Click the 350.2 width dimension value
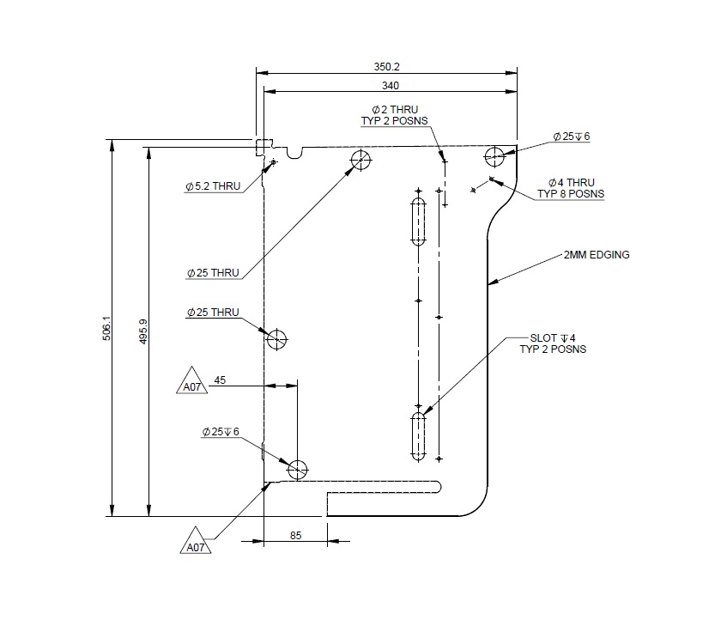click(x=386, y=66)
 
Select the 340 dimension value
click(x=390, y=85)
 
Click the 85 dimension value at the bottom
click(x=295, y=536)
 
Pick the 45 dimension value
click(x=220, y=380)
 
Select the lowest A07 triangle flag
click(x=194, y=543)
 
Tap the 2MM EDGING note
click(x=597, y=255)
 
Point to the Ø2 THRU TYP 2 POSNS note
click(x=395, y=116)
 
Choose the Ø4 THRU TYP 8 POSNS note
click(x=571, y=188)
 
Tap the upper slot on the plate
click(x=418, y=222)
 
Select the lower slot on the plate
click(x=418, y=435)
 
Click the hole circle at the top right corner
click(x=494, y=156)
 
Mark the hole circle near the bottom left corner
click(x=297, y=470)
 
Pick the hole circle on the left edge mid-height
click(x=276, y=339)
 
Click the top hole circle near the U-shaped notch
click(x=360, y=160)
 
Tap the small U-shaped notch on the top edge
click(x=295, y=152)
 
